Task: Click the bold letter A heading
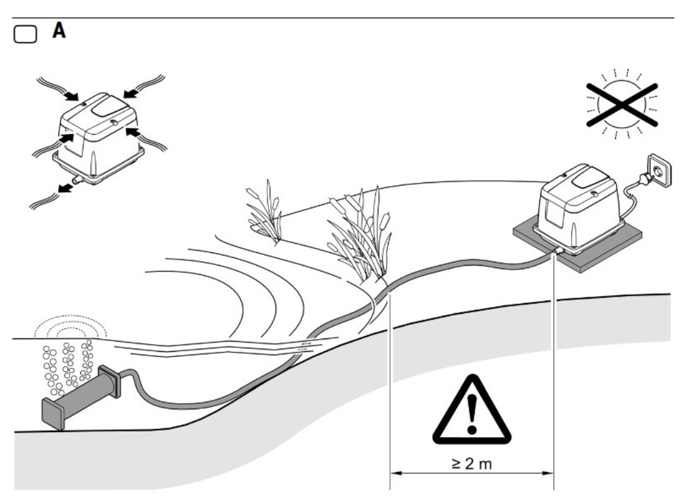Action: coord(59,31)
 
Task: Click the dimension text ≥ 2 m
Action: coord(472,464)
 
